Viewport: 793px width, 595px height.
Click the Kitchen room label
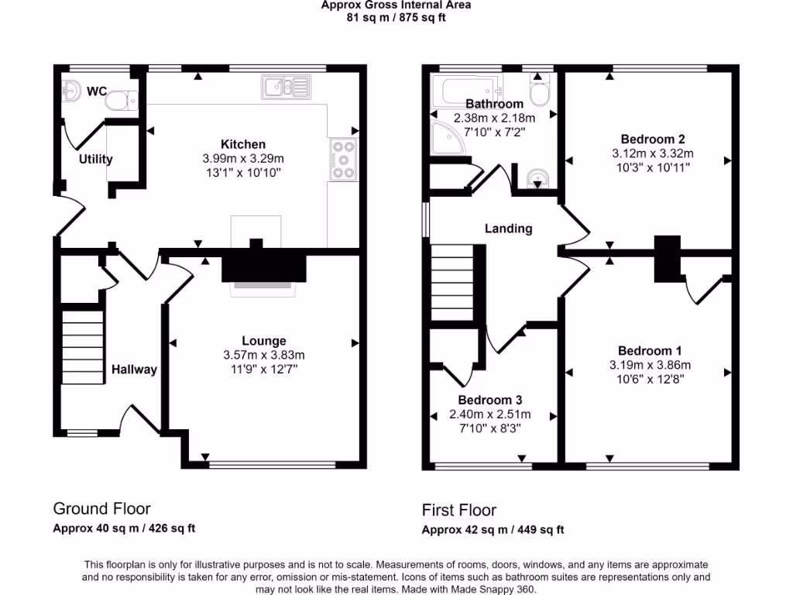tap(243, 144)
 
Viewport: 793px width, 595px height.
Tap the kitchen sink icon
tap(286, 87)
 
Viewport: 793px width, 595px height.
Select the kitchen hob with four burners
tap(342, 160)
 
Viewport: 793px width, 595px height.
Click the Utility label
tap(95, 159)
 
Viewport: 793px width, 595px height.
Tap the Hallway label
tap(133, 370)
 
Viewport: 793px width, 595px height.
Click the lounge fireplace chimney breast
tap(264, 267)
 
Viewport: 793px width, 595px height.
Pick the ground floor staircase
tap(83, 346)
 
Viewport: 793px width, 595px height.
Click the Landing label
tap(508, 228)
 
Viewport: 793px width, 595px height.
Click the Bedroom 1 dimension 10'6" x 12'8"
tap(650, 379)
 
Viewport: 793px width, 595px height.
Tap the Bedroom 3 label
tap(489, 400)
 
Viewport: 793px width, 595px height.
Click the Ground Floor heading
tap(101, 508)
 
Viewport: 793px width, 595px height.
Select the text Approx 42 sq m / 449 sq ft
tap(493, 530)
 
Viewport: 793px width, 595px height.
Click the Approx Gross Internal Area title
tap(396, 5)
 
